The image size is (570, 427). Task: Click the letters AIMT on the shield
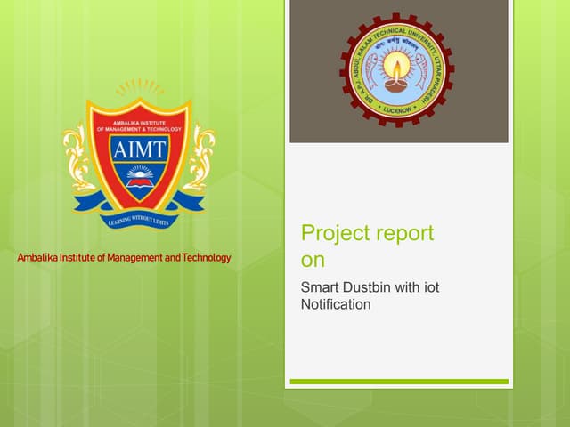138,148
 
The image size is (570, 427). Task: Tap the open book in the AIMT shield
138,183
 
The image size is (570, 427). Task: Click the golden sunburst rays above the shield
139,88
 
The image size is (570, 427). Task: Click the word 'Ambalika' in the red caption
39,258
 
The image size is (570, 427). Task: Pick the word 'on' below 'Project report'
313,261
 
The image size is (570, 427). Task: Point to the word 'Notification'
336,304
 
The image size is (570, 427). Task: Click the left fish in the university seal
378,85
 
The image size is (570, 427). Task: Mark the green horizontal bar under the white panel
398,382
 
